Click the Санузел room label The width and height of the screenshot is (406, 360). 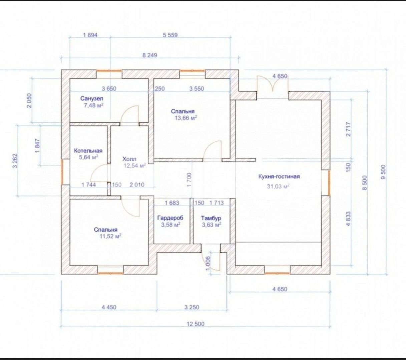[x=92, y=99]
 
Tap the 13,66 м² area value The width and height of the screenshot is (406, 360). [x=186, y=118]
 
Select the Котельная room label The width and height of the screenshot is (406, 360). [x=88, y=151]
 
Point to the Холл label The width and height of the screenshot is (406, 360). [x=129, y=159]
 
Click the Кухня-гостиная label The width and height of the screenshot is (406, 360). [x=279, y=176]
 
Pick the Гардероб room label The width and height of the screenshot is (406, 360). [x=170, y=217]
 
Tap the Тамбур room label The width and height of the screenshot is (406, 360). [x=211, y=218]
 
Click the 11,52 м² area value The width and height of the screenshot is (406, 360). [x=111, y=236]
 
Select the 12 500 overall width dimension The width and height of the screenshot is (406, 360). [x=195, y=324]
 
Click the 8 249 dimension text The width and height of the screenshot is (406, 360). [x=150, y=55]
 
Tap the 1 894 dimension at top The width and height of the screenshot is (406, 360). [x=90, y=35]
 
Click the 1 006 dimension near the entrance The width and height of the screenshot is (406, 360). [x=208, y=263]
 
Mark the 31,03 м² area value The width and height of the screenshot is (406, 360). [x=278, y=186]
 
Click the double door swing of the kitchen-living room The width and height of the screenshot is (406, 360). [x=273, y=84]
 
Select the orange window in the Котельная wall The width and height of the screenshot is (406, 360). [x=62, y=172]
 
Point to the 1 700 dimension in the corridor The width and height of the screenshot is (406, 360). [x=189, y=180]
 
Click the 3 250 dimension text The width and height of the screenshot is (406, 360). [x=192, y=307]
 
